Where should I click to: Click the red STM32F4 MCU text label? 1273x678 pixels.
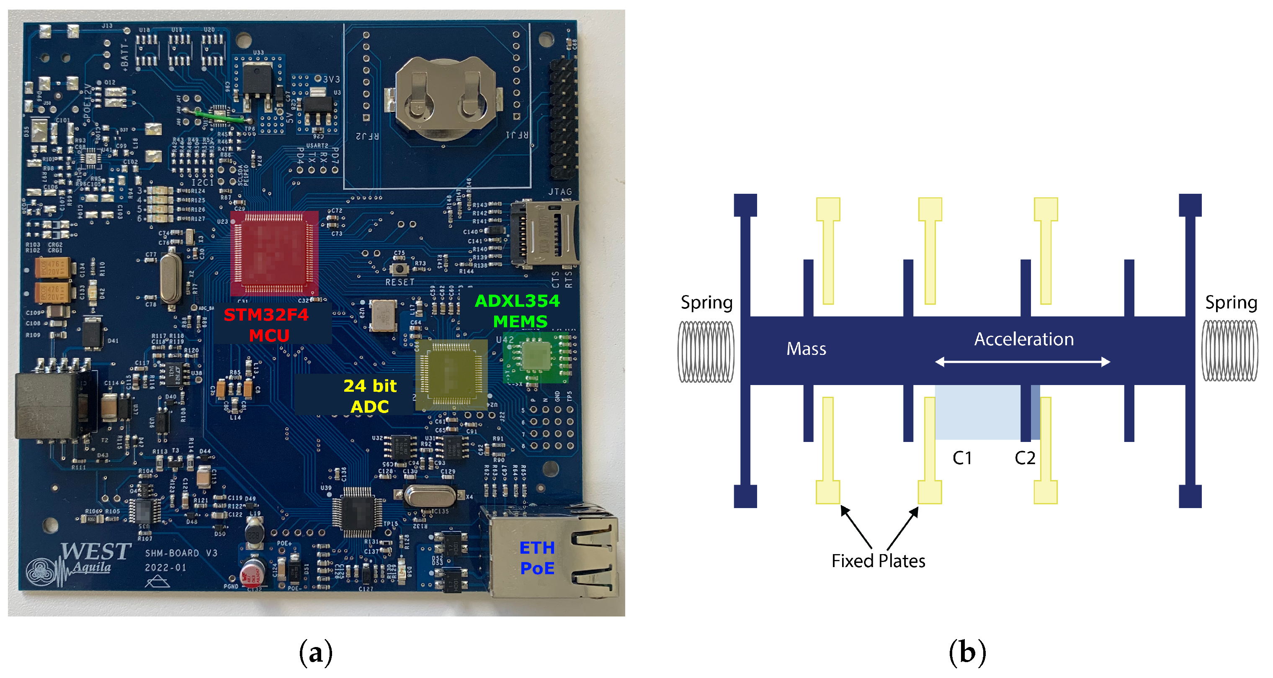pyautogui.click(x=267, y=325)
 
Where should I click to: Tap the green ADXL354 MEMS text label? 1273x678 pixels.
pyautogui.click(x=518, y=311)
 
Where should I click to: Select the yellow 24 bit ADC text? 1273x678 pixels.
pyautogui.click(x=370, y=396)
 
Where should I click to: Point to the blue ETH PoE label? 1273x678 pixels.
pyautogui.click(x=537, y=557)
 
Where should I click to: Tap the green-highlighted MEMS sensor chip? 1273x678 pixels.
pyautogui.click(x=535, y=356)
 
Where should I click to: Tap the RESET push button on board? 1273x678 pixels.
pyautogui.click(x=399, y=269)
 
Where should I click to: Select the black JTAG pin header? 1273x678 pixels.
pyautogui.click(x=563, y=118)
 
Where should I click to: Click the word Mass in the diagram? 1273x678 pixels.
pyautogui.click(x=806, y=349)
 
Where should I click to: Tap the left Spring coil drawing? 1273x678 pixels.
pyautogui.click(x=706, y=352)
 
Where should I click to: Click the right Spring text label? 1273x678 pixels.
pyautogui.click(x=1231, y=302)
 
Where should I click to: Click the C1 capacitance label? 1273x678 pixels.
pyautogui.click(x=962, y=458)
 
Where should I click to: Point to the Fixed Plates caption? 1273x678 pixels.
pyautogui.click(x=878, y=561)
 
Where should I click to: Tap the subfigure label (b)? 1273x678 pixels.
pyautogui.click(x=967, y=652)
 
